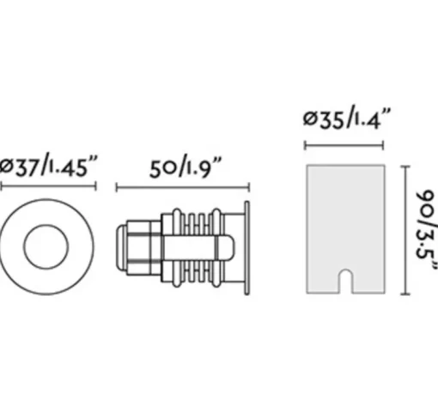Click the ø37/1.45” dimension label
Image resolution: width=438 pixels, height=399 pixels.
[49, 166]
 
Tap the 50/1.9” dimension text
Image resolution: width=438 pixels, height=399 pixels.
[186, 167]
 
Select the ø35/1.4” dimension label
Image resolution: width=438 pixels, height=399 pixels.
[347, 118]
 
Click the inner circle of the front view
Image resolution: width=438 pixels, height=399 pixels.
[46, 225]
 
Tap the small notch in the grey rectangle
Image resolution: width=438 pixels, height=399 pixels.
[345, 281]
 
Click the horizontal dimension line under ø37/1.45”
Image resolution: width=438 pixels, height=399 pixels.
[48, 186]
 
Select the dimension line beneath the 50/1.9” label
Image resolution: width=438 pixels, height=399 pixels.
[183, 188]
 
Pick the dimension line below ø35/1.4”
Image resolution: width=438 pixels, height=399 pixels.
[344, 145]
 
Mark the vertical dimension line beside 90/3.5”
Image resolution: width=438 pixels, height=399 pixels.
[405, 230]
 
